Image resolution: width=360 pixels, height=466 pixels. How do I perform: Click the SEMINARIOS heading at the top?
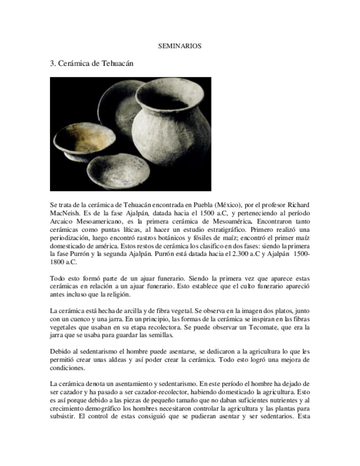click(180, 46)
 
